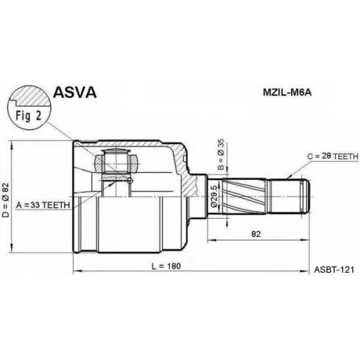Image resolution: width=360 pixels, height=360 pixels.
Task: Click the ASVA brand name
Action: point(75,93)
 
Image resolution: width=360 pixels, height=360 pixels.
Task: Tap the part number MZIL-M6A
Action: point(287,93)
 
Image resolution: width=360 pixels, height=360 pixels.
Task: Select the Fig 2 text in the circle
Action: point(29,116)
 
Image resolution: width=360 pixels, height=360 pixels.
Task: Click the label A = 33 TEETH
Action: point(43,205)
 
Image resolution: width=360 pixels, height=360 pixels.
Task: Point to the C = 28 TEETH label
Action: point(333,156)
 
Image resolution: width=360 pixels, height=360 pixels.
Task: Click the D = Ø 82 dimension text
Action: point(6,200)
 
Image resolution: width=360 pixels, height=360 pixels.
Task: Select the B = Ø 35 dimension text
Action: point(221,155)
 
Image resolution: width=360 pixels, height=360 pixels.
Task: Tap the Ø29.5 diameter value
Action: point(214,196)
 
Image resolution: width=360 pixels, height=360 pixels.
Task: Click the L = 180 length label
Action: point(166,266)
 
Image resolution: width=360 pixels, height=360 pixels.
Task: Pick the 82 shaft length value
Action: point(256,233)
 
